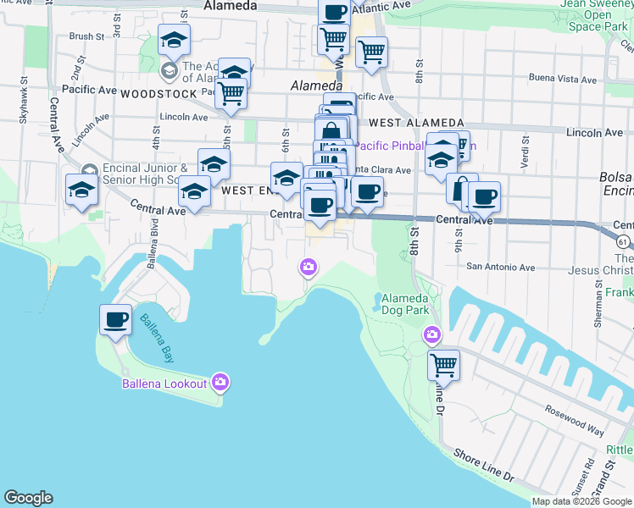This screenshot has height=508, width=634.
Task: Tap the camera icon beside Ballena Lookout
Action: coord(221,383)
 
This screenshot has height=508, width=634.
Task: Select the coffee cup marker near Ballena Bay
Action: coord(116,320)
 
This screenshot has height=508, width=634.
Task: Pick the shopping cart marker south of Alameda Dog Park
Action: coord(443,365)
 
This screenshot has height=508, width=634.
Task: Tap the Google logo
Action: coord(29,498)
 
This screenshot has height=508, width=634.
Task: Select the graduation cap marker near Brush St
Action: coord(174,40)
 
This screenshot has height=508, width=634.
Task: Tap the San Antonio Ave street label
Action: coord(501,267)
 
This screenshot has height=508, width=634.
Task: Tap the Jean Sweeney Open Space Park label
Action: coord(597,15)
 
